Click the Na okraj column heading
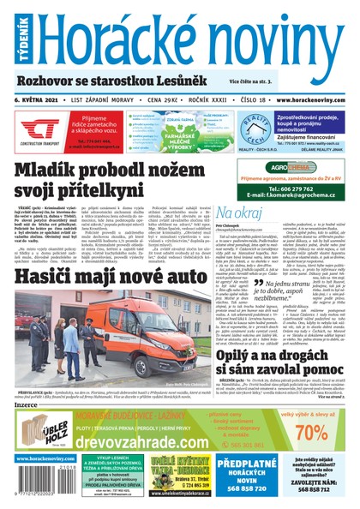241,211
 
